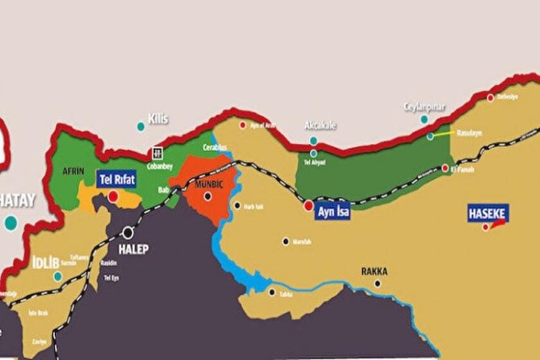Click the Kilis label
158,119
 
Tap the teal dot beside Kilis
140,127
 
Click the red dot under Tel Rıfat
113,196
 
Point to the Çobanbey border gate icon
157,153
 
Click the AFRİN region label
73,171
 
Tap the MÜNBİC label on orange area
209,185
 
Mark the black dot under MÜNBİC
207,196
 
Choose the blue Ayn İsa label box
333,211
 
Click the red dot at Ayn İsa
308,205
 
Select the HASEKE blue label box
488,213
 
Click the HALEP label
133,249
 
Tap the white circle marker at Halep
128,232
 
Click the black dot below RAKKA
377,284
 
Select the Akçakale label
320,125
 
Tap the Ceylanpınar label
425,107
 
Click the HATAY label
17,201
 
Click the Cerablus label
215,147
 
